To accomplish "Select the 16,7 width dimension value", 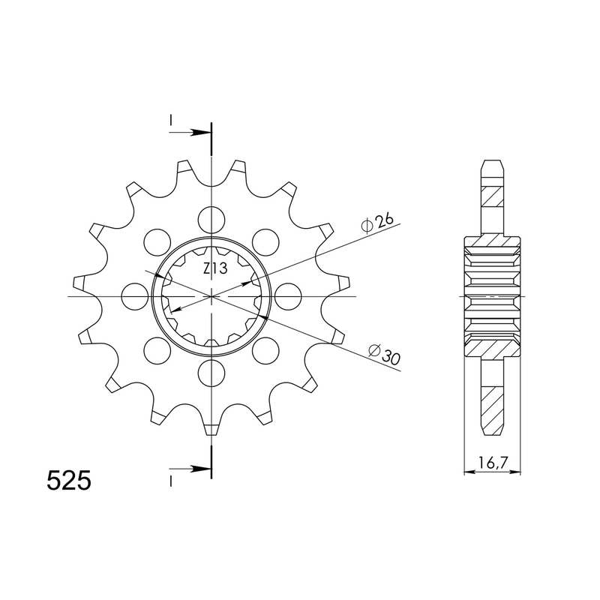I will click(490, 463).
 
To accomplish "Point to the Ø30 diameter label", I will click(385, 353).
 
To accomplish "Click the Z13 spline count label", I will click(212, 269).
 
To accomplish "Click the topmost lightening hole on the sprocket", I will click(212, 218).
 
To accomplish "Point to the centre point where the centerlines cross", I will click(212, 296).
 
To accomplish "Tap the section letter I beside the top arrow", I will click(171, 120).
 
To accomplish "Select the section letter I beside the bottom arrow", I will click(171, 480).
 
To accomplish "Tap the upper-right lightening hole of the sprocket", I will click(265, 241).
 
